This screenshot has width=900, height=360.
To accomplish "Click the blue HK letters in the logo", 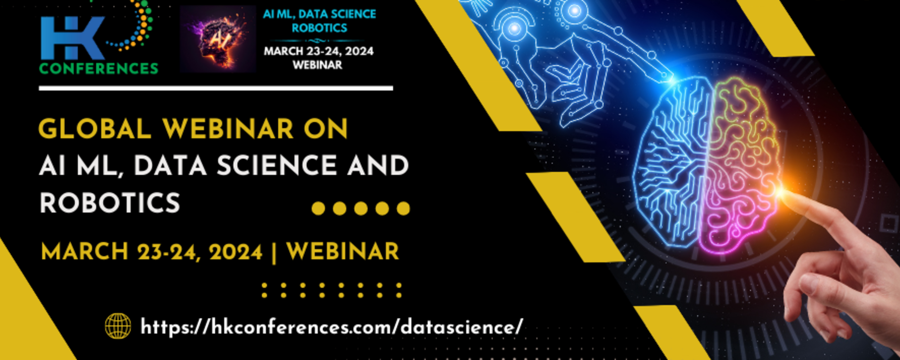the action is coord(72,38).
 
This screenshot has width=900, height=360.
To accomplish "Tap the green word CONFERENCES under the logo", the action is coord(99,69).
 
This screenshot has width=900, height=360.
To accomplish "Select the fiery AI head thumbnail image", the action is coord(218,39).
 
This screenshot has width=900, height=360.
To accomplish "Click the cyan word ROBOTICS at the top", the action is coord(319,28).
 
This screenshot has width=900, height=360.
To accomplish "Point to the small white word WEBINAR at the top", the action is coord(317,65).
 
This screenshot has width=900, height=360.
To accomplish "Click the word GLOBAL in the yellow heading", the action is coord(95,129).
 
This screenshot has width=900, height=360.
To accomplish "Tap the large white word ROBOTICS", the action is coord(110,203).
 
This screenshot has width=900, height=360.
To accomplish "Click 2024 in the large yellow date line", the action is coord(235,252).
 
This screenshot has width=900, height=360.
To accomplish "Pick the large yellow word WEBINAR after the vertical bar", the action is coord(343,251).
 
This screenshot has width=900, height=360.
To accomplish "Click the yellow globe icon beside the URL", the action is coord(118,326).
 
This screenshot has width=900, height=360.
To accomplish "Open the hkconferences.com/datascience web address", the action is coord(332,327).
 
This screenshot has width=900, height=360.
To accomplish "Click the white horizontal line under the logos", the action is coord(216,88).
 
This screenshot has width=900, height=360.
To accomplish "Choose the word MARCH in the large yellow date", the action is coord(85,252).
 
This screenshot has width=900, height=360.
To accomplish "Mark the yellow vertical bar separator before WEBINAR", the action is coord(275,252).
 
